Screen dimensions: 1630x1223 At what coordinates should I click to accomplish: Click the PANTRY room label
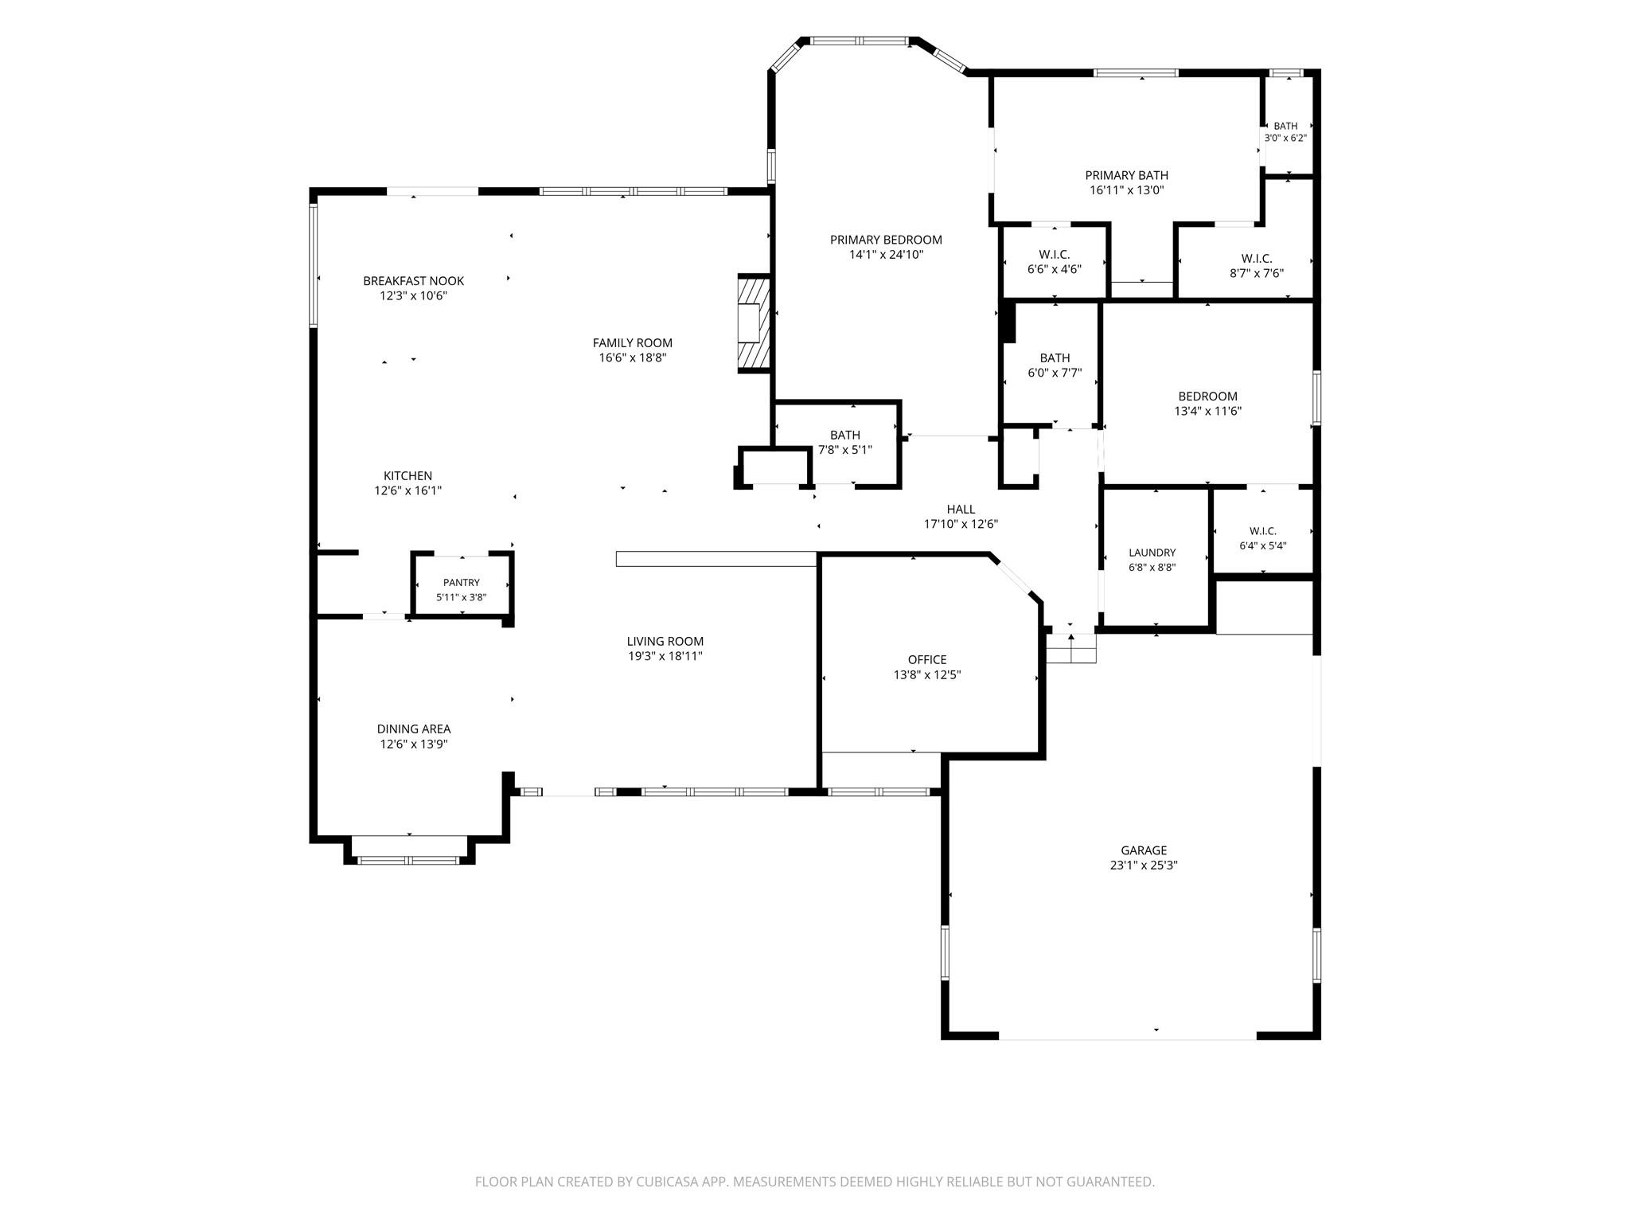(x=462, y=583)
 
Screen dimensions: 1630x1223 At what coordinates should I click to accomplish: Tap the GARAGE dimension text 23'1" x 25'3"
(x=1144, y=865)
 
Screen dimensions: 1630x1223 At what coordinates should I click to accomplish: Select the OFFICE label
(x=927, y=659)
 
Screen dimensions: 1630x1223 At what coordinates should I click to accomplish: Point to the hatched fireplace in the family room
(x=754, y=322)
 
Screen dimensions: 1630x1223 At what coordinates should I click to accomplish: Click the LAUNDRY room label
(x=1152, y=553)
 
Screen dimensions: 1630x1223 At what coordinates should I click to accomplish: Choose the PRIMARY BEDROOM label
(x=886, y=240)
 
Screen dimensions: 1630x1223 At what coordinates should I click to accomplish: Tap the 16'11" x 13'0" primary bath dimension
(x=1127, y=190)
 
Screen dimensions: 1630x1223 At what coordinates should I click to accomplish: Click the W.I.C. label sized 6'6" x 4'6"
(x=1055, y=255)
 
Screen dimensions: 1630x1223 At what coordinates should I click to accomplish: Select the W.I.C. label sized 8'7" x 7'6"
(x=1257, y=259)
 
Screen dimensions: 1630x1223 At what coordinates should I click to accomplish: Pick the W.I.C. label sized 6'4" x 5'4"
(x=1263, y=531)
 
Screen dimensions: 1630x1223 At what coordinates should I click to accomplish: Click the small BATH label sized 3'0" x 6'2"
(x=1285, y=126)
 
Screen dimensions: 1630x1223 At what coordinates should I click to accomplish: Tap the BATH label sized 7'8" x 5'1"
(x=845, y=435)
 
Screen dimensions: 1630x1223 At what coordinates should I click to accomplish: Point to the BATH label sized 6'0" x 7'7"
(x=1055, y=358)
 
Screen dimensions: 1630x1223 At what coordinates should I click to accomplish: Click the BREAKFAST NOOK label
(x=413, y=281)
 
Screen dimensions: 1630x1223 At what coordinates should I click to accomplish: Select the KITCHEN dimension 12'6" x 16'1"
(x=407, y=491)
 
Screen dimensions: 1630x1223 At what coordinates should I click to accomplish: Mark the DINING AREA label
(x=414, y=729)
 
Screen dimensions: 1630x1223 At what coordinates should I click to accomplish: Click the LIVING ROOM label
(x=665, y=641)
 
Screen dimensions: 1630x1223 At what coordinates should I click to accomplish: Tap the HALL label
(x=961, y=510)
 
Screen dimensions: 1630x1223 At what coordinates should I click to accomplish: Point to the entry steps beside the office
(x=1071, y=648)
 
